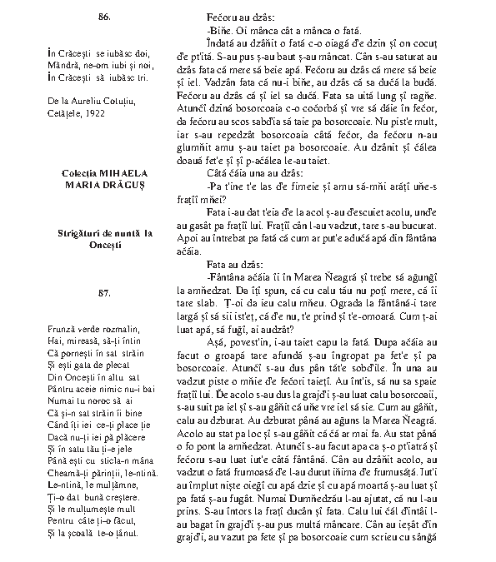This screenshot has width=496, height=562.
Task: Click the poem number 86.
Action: point(104,17)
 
